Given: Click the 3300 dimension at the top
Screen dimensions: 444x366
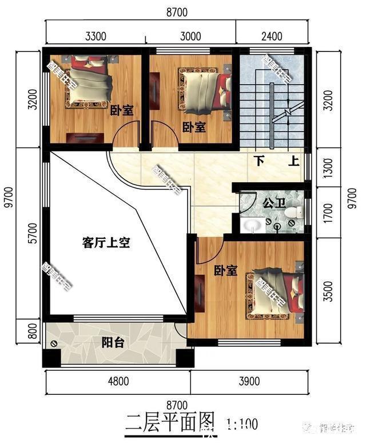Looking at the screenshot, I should click(96, 37).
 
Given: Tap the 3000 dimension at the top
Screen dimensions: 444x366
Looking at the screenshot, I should click(190, 37).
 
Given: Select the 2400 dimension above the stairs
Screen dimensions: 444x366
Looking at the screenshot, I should click(272, 37).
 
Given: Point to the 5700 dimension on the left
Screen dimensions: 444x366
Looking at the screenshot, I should click(33, 235).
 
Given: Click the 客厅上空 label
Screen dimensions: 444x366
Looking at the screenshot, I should click(107, 243).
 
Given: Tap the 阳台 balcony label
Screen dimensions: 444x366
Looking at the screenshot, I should click(114, 343).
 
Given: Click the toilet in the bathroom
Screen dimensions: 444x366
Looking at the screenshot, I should click(293, 214).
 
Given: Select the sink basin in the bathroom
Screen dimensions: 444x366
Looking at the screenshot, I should click(252, 225).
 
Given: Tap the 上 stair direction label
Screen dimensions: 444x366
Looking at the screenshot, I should click(294, 161).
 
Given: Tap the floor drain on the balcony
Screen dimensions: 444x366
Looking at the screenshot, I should click(54, 344).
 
